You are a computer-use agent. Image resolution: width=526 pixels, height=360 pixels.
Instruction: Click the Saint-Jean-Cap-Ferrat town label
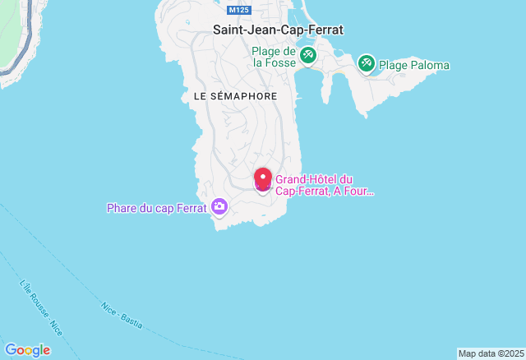tap(278, 30)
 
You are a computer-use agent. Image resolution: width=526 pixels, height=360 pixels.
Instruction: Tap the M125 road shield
tap(239, 10)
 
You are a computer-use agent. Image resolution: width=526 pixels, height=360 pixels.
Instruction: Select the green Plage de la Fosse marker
tap(308, 56)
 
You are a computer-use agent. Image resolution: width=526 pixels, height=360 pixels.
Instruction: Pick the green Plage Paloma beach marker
tap(366, 62)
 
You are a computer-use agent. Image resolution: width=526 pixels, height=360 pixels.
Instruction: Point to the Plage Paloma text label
tap(414, 64)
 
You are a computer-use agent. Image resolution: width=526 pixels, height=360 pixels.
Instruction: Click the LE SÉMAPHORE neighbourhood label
tap(235, 96)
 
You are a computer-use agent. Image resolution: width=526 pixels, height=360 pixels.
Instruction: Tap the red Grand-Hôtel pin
tap(263, 178)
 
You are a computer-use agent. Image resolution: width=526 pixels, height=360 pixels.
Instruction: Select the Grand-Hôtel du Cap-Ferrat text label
tap(324, 186)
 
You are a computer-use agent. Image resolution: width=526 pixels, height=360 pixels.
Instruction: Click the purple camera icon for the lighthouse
tap(219, 206)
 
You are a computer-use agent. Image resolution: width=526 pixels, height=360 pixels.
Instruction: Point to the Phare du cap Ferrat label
tap(156, 208)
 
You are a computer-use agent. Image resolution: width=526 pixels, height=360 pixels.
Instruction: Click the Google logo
tap(27, 350)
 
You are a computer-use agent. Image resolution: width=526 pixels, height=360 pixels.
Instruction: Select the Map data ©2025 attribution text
tap(490, 354)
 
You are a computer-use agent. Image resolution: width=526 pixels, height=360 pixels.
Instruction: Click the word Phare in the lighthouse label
tap(122, 208)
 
